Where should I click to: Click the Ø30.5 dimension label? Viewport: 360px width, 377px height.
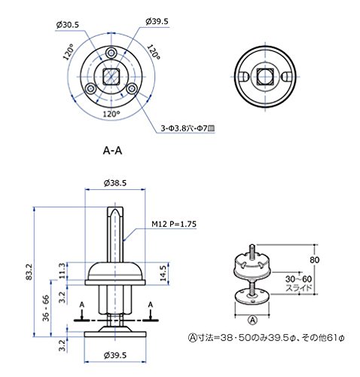[68, 25]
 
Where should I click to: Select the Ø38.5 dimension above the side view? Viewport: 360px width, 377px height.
[115, 183]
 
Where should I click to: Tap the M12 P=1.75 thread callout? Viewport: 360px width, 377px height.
[174, 224]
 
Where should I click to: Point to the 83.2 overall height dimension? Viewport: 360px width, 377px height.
[29, 271]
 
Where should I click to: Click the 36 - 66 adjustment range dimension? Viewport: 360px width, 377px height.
[46, 308]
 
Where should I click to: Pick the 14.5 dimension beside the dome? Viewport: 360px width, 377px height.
[163, 273]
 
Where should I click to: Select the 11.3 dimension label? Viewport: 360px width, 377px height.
[62, 271]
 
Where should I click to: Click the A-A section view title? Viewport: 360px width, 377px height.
[112, 151]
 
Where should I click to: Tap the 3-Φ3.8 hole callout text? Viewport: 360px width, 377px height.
[188, 128]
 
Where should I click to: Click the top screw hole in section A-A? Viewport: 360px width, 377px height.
[111, 53]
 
